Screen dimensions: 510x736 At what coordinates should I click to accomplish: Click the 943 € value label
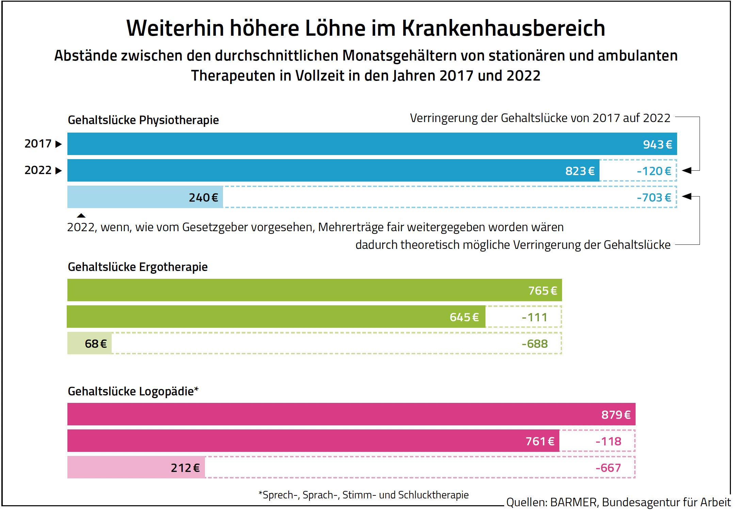click(x=657, y=144)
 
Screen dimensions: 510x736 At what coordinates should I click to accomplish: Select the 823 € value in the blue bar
click(x=580, y=171)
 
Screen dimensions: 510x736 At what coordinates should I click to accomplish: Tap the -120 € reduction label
click(x=654, y=171)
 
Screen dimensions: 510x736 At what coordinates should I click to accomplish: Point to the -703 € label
click(x=654, y=198)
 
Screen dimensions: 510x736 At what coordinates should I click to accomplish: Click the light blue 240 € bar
click(x=145, y=197)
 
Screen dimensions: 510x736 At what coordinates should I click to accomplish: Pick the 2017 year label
click(x=38, y=144)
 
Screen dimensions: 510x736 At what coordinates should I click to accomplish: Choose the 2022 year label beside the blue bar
click(x=38, y=170)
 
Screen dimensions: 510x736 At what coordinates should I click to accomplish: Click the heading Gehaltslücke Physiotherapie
click(x=143, y=120)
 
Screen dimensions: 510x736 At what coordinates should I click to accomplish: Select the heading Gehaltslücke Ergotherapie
click(x=138, y=267)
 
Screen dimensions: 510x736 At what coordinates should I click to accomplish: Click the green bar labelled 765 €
click(x=315, y=290)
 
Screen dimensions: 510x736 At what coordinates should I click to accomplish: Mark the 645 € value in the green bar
click(x=464, y=317)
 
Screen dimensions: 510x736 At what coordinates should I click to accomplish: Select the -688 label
click(x=535, y=344)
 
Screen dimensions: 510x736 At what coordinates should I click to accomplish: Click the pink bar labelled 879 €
click(x=351, y=414)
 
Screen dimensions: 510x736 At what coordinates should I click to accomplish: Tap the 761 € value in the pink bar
click(x=540, y=441)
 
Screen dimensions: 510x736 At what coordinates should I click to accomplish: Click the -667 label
click(x=608, y=468)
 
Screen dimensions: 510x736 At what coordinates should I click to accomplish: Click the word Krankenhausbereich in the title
click(x=503, y=28)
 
